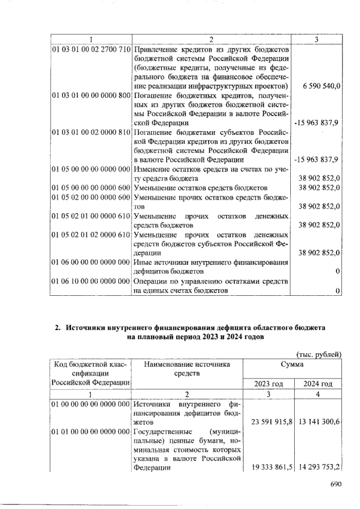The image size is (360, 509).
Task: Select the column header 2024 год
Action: [x=318, y=384]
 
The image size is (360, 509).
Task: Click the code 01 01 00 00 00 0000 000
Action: [x=91, y=430]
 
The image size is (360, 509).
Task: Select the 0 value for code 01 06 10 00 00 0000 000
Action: [x=336, y=290]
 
